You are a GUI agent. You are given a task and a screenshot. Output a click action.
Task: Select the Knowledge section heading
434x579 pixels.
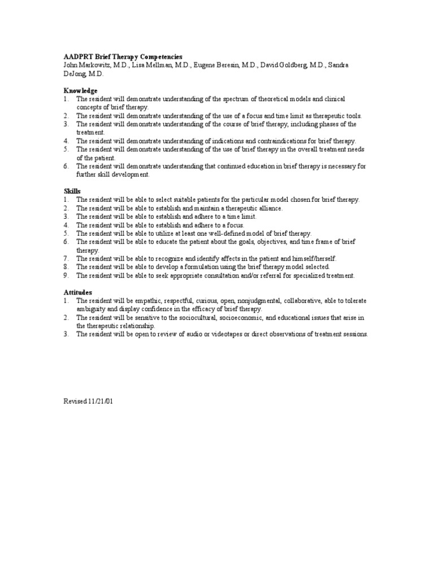tap(80, 90)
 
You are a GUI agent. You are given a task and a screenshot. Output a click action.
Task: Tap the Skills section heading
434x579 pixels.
tap(72, 191)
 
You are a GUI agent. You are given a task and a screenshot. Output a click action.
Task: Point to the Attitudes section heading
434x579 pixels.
tap(78, 292)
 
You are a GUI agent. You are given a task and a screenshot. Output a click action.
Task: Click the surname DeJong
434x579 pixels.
tap(76, 74)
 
